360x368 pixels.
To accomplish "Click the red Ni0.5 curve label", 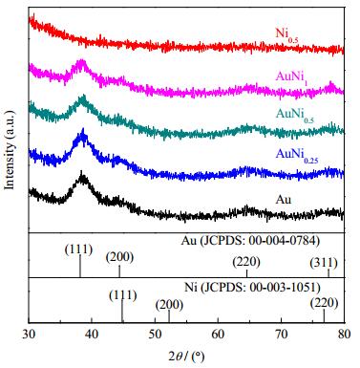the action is (x=286, y=34).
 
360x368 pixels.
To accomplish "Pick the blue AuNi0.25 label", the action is (x=297, y=156).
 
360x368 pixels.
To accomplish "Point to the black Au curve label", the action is (x=284, y=200).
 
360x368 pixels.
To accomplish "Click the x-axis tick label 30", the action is (x=29, y=334).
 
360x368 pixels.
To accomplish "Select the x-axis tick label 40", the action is (x=92, y=334).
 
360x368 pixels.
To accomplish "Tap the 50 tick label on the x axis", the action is (x=155, y=334).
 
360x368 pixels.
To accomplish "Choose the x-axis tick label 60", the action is (x=218, y=334).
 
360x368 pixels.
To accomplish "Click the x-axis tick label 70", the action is (x=281, y=334).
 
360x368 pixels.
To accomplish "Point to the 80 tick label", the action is (x=344, y=334).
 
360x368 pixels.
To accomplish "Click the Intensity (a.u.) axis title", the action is (x=10, y=150).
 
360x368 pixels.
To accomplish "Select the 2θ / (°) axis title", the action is (x=186, y=356).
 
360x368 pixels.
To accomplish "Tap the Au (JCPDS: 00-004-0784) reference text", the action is (x=250, y=241).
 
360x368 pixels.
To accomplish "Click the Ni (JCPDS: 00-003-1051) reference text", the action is (x=252, y=288).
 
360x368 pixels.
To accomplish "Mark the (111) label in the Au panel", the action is (x=78, y=249).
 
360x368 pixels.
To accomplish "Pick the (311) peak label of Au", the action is (x=324, y=263).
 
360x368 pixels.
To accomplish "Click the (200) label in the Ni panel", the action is (x=169, y=305).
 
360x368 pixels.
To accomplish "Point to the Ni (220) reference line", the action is (x=324, y=315).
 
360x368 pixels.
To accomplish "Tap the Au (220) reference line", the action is (x=246, y=273).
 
